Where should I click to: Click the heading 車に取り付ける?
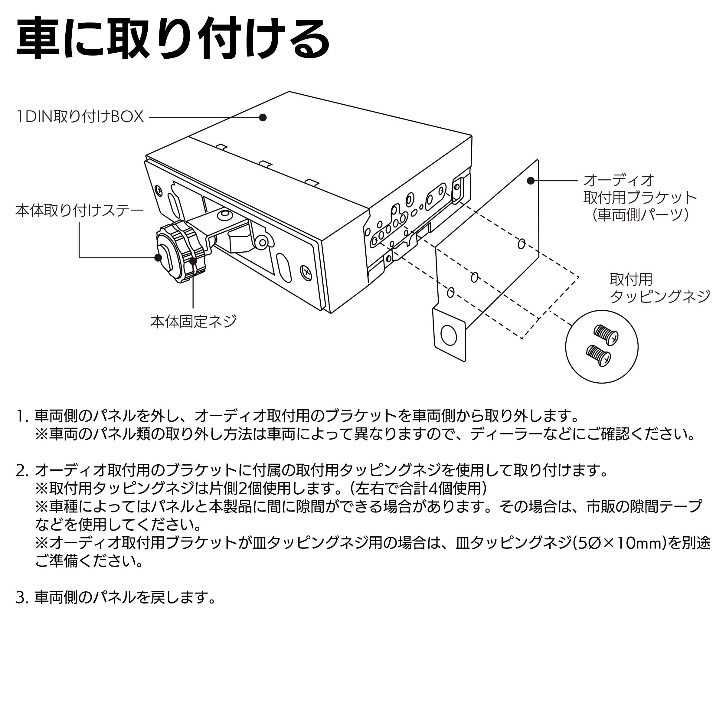(173, 39)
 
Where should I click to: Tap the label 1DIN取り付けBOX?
(80, 117)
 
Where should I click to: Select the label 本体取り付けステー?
(79, 211)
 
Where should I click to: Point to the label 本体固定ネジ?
(193, 322)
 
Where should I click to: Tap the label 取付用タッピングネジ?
(659, 288)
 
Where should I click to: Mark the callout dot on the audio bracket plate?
(531, 181)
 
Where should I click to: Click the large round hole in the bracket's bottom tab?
(448, 335)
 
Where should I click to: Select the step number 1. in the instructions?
(22, 416)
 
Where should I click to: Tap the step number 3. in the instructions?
(22, 597)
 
